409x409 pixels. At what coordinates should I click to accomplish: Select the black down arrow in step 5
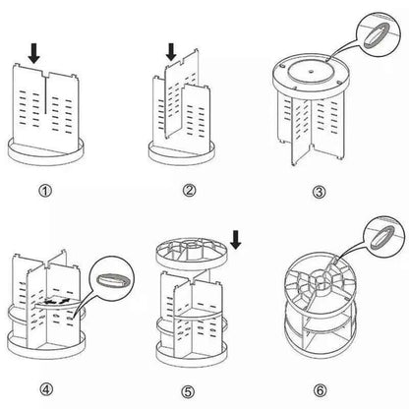(x=237, y=239)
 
